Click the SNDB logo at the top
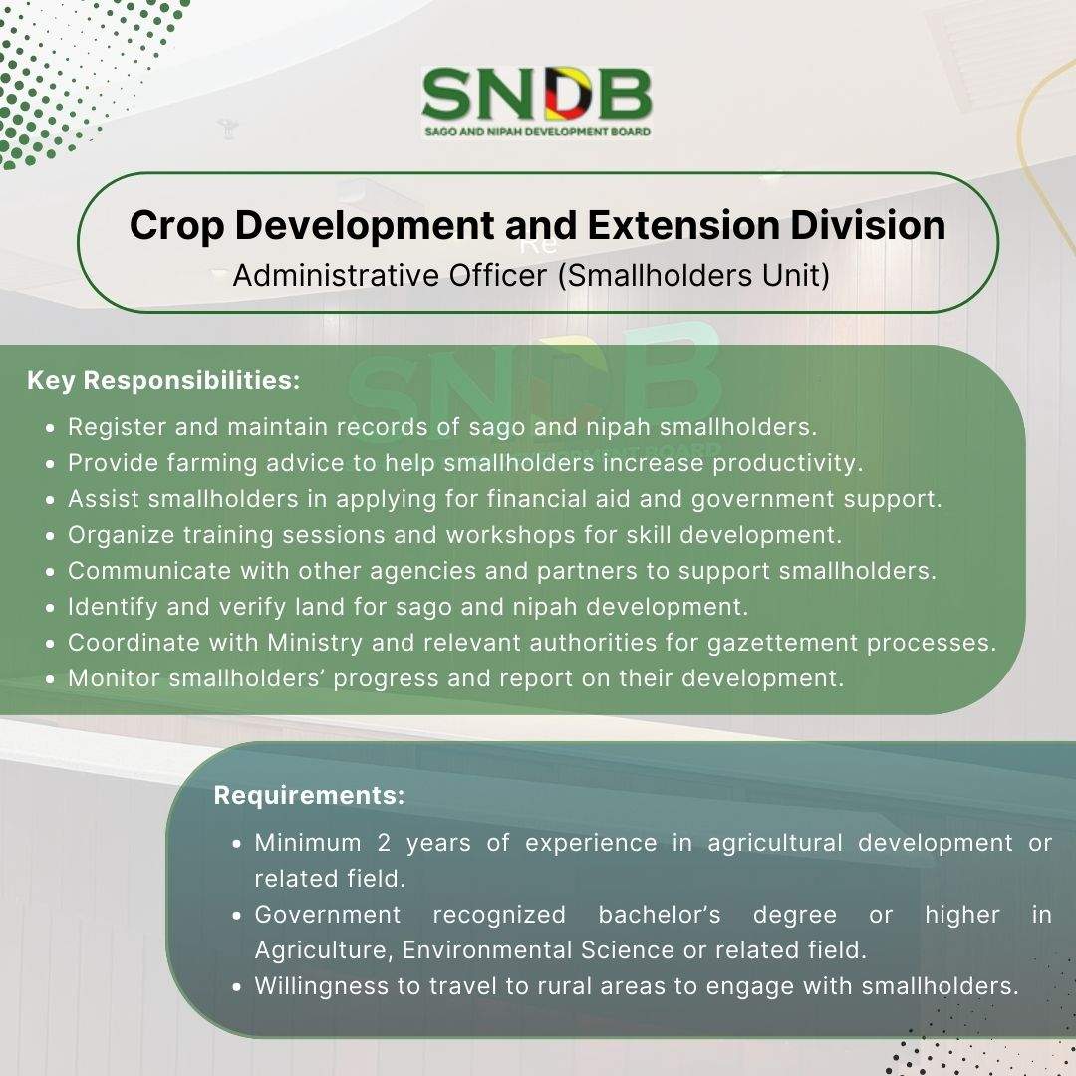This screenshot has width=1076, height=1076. pyautogui.click(x=537, y=103)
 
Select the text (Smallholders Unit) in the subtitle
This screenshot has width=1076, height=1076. pyautogui.click(x=693, y=276)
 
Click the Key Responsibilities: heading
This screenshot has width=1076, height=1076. pyautogui.click(x=163, y=380)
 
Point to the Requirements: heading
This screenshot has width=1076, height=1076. pyautogui.click(x=310, y=795)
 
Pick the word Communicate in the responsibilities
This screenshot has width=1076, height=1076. pyautogui.click(x=149, y=571)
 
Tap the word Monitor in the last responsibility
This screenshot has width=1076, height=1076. pyautogui.click(x=114, y=678)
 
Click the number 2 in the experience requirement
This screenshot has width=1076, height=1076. pyautogui.click(x=384, y=843)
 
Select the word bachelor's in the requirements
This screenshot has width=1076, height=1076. pyautogui.click(x=660, y=915)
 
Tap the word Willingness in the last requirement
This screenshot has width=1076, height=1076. pyautogui.click(x=321, y=986)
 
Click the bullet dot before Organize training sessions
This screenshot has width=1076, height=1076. pyautogui.click(x=50, y=536)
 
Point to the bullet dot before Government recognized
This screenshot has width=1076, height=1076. pyautogui.click(x=237, y=916)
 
